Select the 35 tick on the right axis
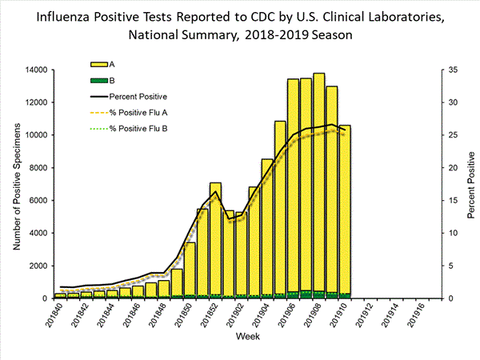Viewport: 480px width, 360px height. pyautogui.click(x=453, y=70)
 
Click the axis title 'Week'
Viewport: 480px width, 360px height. pyautogui.click(x=246, y=340)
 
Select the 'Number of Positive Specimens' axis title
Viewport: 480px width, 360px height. pyautogui.click(x=15, y=184)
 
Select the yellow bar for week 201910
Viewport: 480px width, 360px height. pyautogui.click(x=345, y=208)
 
